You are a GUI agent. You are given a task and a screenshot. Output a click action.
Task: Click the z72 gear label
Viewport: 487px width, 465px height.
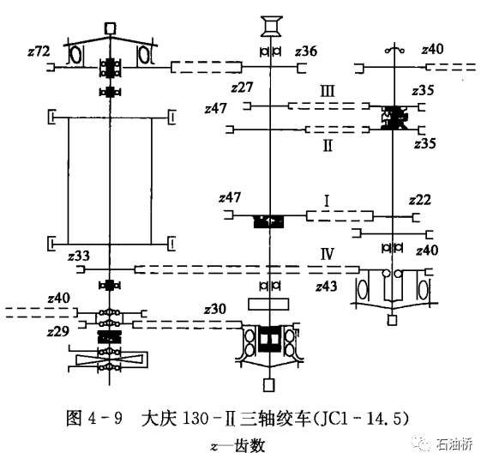[39, 51]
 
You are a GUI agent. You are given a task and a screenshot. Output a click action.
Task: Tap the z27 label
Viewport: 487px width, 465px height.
[243, 87]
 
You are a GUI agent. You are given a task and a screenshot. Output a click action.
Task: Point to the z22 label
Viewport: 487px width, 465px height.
[419, 199]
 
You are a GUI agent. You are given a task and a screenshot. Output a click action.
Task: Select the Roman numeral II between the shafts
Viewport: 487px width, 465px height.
[327, 145]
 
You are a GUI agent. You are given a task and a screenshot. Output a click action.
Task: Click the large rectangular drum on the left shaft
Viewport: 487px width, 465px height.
[111, 181]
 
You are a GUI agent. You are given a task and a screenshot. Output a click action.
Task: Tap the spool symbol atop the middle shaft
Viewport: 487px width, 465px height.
[271, 26]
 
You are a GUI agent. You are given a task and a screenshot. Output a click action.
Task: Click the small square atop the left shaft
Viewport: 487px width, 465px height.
[110, 28]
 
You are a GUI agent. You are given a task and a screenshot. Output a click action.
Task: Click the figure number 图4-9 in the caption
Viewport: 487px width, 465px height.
[95, 420]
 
